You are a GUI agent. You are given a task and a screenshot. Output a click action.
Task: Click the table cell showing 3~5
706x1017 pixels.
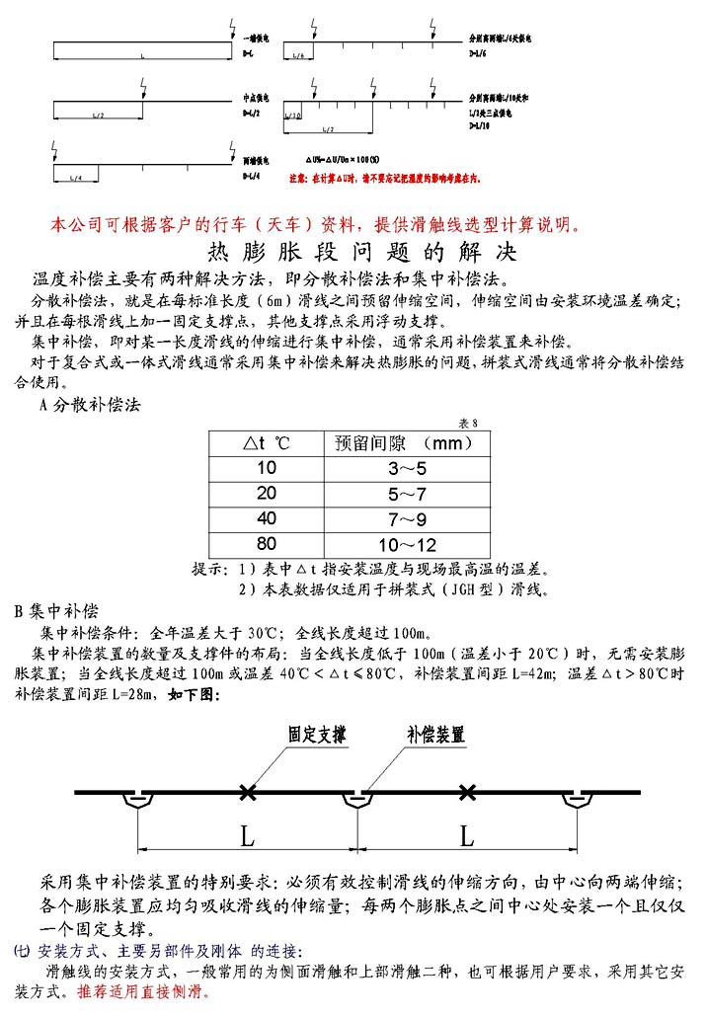pyautogui.click(x=406, y=468)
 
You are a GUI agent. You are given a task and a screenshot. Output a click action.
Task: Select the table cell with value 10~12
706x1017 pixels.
pyautogui.click(x=406, y=544)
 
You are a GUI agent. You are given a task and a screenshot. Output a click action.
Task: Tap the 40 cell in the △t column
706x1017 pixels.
pyautogui.click(x=267, y=518)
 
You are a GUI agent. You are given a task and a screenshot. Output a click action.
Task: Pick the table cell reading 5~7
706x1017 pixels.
pyautogui.click(x=406, y=493)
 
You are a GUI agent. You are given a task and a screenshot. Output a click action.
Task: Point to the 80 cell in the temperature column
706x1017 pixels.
pyautogui.click(x=267, y=544)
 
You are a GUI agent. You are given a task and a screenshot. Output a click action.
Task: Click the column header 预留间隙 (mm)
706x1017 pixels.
pyautogui.click(x=406, y=442)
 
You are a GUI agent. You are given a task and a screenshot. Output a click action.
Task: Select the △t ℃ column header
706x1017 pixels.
pyautogui.click(x=267, y=442)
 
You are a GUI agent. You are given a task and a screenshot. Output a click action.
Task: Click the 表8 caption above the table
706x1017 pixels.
pyautogui.click(x=468, y=423)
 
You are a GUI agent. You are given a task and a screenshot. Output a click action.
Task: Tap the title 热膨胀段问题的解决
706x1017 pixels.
pyautogui.click(x=352, y=250)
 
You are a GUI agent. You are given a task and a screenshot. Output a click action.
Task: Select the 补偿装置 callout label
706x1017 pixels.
pyautogui.click(x=435, y=735)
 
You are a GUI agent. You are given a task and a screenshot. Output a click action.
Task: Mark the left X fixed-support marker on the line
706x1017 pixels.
pyautogui.click(x=247, y=791)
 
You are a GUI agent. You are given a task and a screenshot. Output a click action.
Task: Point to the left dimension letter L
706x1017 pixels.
pyautogui.click(x=247, y=836)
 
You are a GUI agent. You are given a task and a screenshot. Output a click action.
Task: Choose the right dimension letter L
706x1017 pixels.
pyautogui.click(x=467, y=836)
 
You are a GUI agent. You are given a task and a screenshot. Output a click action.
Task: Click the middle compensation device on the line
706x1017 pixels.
pyautogui.click(x=356, y=800)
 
